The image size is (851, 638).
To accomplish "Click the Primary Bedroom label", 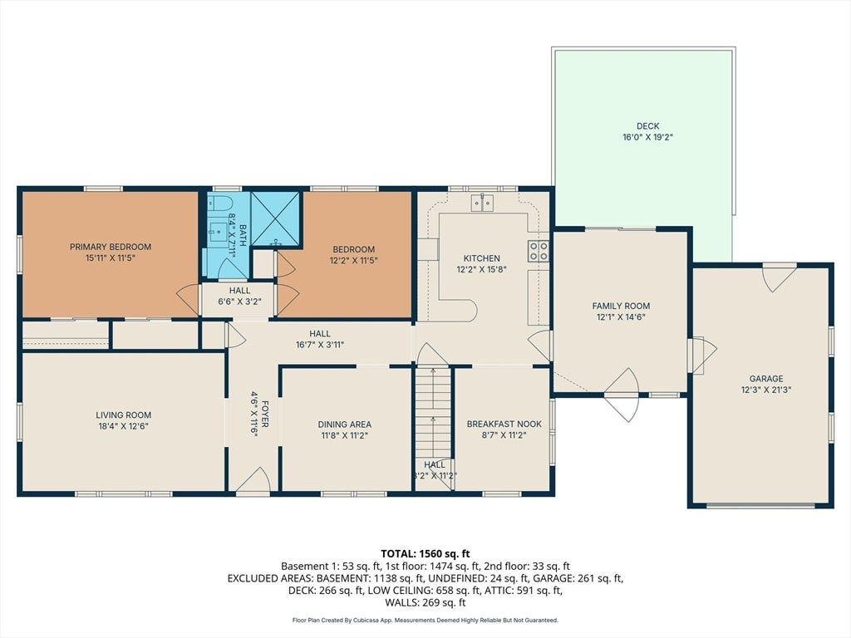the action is click(111, 247).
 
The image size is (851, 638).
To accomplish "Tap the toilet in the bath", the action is click(220, 204).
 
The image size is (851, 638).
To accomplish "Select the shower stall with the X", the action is click(276, 218).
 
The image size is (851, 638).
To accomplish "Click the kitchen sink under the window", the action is click(483, 204).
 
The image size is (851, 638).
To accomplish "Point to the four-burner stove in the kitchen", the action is click(539, 251).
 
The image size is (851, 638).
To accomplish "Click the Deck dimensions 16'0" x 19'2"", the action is click(647, 137).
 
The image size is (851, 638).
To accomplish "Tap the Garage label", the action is click(765, 379).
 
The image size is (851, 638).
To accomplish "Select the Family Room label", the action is click(621, 306).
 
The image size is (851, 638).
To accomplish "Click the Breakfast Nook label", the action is click(504, 425).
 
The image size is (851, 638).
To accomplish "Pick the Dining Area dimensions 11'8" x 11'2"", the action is click(345, 435).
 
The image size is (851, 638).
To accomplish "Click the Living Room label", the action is click(123, 415).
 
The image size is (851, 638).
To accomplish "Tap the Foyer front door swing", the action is click(253, 480).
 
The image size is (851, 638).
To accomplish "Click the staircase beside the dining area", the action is click(434, 411).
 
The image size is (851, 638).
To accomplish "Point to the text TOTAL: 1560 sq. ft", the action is click(425, 554).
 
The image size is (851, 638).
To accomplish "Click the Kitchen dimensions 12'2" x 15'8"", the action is click(481, 268).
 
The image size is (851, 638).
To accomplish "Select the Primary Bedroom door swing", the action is click(189, 299).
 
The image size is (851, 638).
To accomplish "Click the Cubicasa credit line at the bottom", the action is click(425, 620).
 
